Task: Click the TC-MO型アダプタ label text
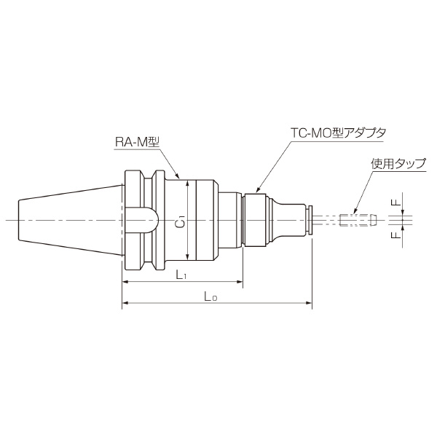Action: [335, 133]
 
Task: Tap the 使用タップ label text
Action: [398, 165]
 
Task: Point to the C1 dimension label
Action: [181, 219]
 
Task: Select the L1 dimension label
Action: [184, 275]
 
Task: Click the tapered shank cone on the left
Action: [66, 219]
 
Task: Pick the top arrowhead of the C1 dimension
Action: [188, 182]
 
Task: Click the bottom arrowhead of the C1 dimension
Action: [188, 256]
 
